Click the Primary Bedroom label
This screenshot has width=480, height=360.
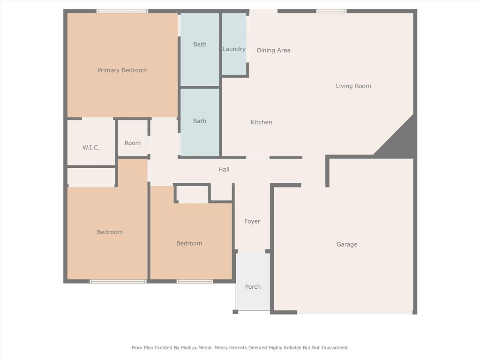[122, 70]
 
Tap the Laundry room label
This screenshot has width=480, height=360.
[234, 49]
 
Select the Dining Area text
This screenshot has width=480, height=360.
[273, 50]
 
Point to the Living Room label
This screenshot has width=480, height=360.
[353, 86]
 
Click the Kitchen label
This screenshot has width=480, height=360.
[261, 122]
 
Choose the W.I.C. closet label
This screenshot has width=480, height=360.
[91, 148]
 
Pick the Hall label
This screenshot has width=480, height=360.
[224, 170]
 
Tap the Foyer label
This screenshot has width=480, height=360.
[252, 221]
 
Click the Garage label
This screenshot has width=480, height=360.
[347, 244]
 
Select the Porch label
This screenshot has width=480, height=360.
[253, 287]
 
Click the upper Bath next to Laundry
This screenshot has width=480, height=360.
[200, 45]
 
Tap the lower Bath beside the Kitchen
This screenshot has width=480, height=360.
[200, 121]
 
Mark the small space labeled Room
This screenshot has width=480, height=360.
[133, 143]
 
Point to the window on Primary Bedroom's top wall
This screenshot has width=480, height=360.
[122, 11]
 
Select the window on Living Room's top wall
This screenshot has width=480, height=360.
[331, 11]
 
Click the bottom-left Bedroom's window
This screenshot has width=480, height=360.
[118, 281]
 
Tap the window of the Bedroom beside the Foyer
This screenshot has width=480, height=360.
[195, 281]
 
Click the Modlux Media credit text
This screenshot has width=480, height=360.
[240, 348]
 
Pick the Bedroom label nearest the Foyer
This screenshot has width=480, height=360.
[189, 243]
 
